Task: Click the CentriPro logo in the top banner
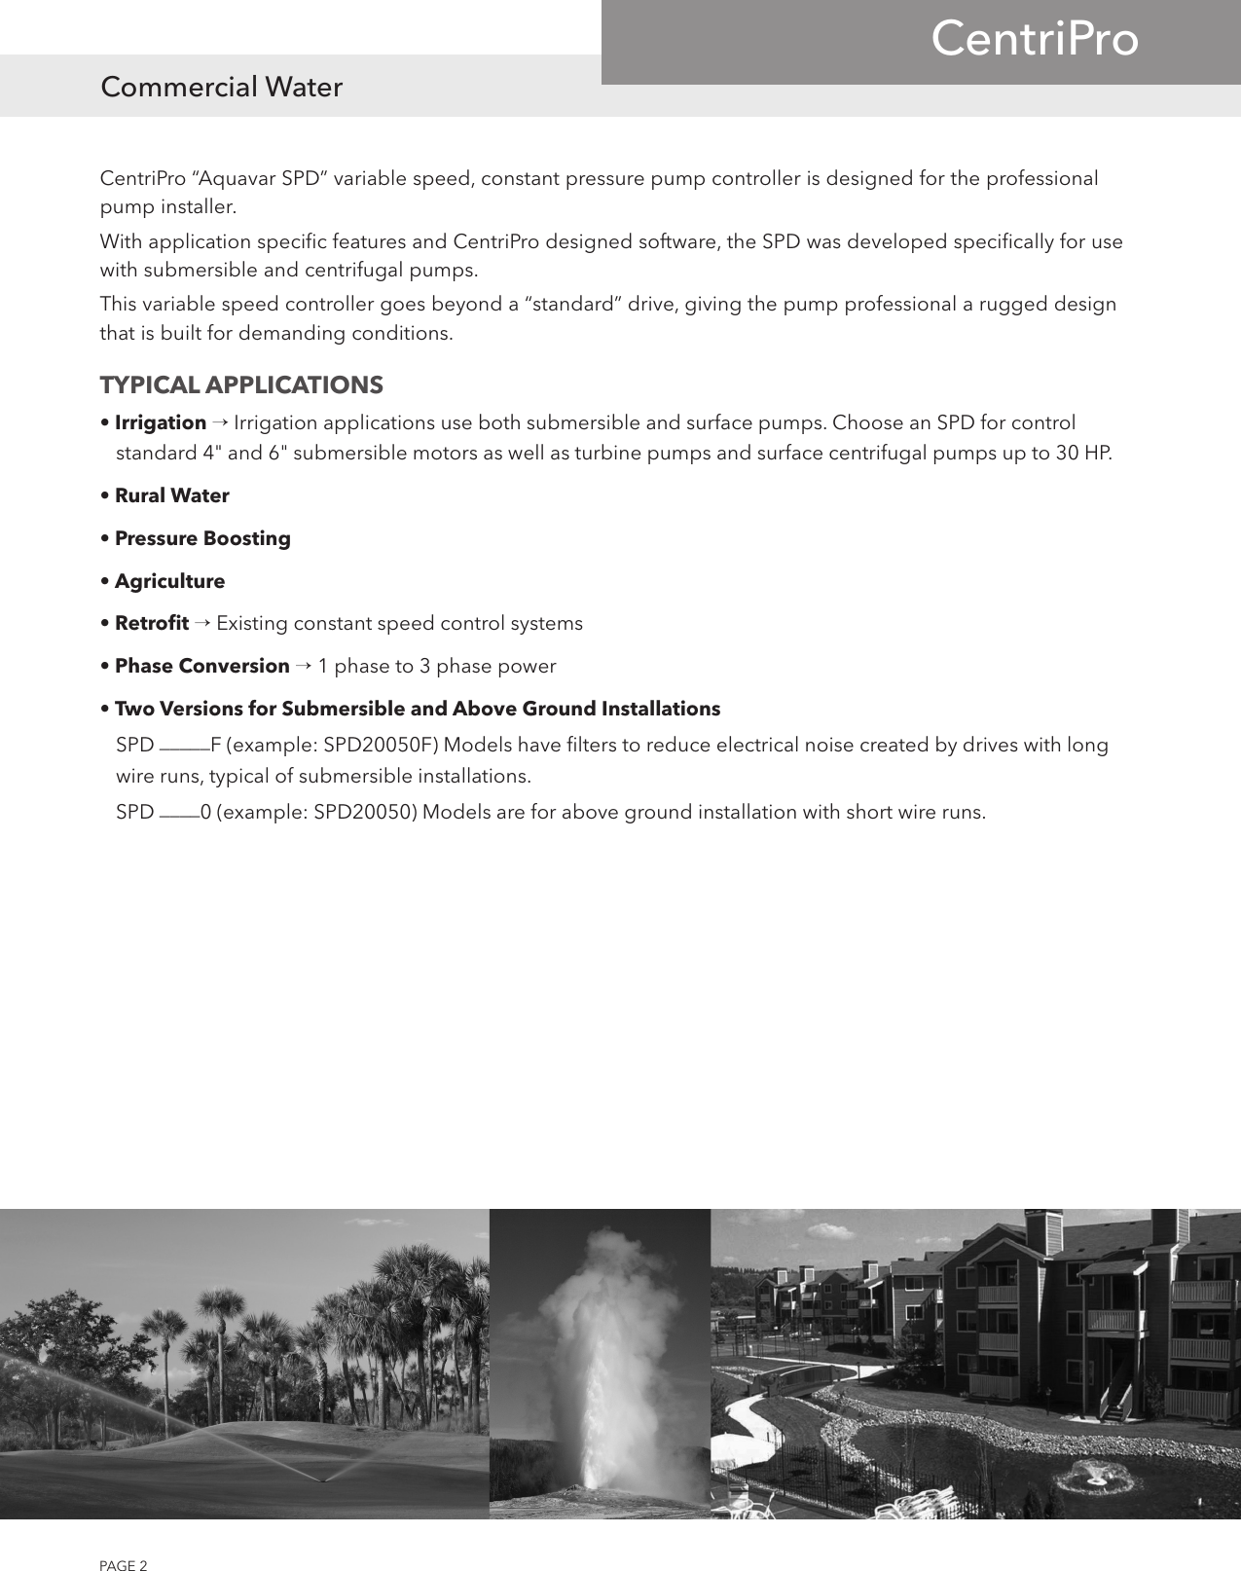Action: coord(1034,40)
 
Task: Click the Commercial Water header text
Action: coord(222,88)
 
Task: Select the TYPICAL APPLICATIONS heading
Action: coord(241,385)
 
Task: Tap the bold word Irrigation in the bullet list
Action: coord(161,422)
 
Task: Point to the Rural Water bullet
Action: coord(172,495)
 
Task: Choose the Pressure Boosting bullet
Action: coord(202,538)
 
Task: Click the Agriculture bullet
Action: coord(169,581)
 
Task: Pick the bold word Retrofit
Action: coord(152,623)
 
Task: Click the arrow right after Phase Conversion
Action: coord(303,666)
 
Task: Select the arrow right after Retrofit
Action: coord(201,623)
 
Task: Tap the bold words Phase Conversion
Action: coord(202,666)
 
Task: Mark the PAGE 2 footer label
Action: coord(124,1539)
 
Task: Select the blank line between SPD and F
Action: coord(183,749)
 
